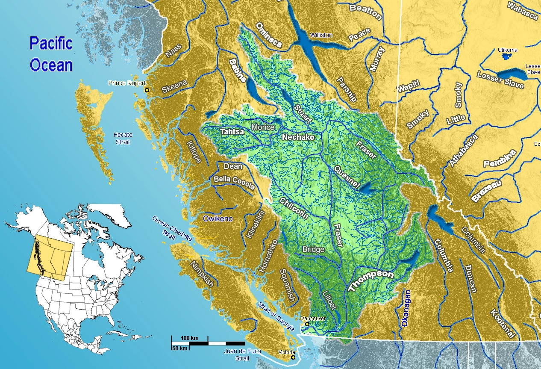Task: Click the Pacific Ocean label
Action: [51, 54]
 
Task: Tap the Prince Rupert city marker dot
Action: [147, 90]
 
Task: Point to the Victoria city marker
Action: [293, 357]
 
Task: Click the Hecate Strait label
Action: [123, 138]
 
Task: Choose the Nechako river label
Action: [298, 137]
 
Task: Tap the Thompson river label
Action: [370, 281]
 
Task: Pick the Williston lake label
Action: [321, 35]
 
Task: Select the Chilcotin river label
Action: [294, 209]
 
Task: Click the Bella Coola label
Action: [234, 183]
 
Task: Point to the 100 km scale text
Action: [190, 338]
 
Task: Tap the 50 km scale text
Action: [179, 348]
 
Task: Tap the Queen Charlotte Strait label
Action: [173, 229]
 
